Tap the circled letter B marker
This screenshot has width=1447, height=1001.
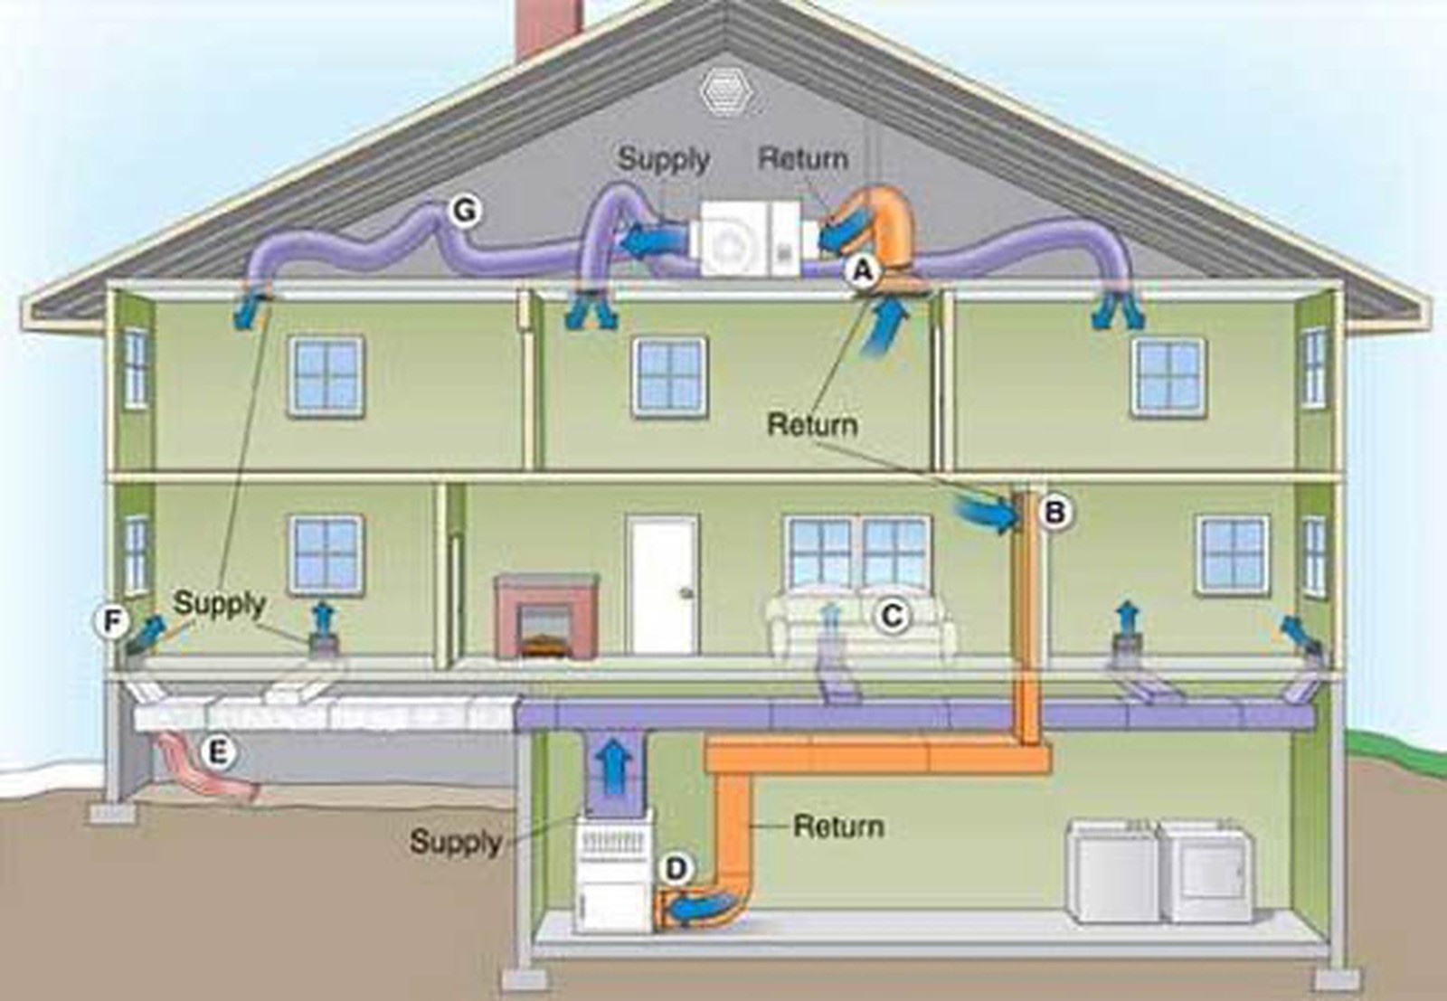(1055, 512)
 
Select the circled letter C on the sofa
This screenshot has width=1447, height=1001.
(892, 616)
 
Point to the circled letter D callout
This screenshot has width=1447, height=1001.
(676, 868)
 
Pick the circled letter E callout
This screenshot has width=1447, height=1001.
(218, 752)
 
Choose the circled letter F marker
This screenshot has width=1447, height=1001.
(112, 622)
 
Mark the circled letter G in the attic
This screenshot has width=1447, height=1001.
(465, 210)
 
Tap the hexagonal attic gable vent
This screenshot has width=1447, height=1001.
(728, 90)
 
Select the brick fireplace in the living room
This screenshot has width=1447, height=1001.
(546, 616)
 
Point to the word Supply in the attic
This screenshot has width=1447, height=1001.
(664, 159)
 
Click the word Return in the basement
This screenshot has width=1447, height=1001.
(838, 826)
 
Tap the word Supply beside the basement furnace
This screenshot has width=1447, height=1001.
(456, 842)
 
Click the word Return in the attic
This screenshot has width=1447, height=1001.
(803, 159)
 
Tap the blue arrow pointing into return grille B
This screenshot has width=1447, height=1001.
(982, 514)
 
